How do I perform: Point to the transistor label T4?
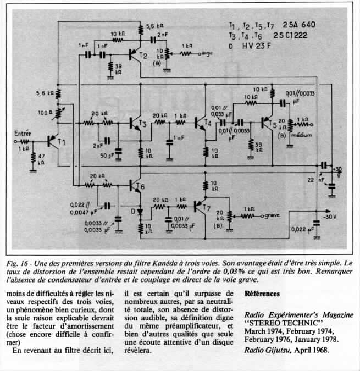click(207, 122)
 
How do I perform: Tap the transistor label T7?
click(206, 208)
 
